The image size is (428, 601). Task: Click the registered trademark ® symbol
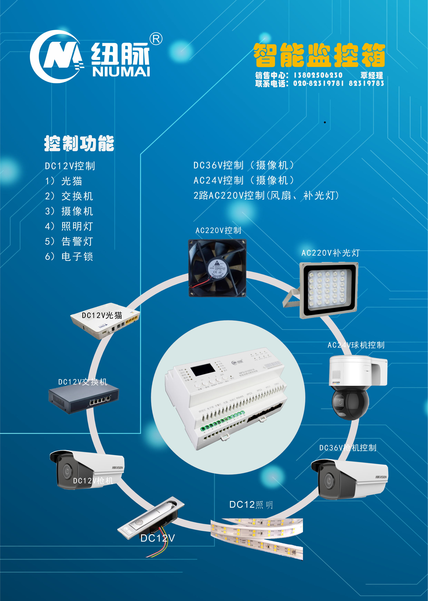coord(156,39)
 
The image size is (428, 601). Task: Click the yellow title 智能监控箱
coord(319,55)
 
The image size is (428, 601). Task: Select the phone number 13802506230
coord(318,75)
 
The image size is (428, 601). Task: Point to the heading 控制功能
coord(79,144)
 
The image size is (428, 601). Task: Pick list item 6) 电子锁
coord(69,256)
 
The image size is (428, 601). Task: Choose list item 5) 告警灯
coord(69,241)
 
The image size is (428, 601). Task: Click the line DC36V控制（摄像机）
coord(244,165)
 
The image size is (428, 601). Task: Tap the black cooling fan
coord(217,268)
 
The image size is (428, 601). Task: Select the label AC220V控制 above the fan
coord(218,230)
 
